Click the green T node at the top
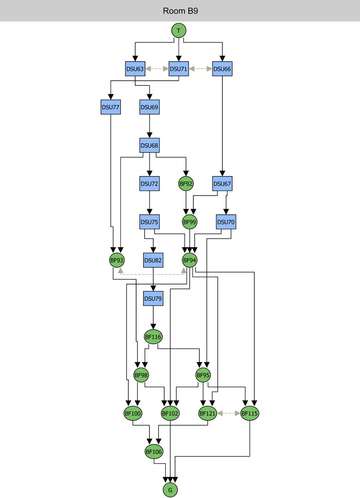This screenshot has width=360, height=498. pos(179,30)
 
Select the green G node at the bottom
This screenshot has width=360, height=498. pos(170,490)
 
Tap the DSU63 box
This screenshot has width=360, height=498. pos(135,69)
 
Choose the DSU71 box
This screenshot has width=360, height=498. pos(179,69)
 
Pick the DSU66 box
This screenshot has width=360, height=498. pos(222,69)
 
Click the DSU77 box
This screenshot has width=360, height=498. pos(110,107)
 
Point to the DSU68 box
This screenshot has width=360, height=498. pos(149,146)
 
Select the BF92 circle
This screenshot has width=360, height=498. pos(186,184)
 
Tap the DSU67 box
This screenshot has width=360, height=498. pos(222,184)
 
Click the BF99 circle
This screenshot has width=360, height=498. pos(190,222)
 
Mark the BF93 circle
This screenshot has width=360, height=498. pos(117,260)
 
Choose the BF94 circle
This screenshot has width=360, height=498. pos(190,260)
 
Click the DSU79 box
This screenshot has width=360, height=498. pos(153,298)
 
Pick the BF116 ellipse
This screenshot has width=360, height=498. pos(153,337)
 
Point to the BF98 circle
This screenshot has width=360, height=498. pos(141,375)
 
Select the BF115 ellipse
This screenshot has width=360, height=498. pos(250,414)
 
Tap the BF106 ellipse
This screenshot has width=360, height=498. pos(154,452)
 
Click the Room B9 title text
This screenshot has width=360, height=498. pos(180,11)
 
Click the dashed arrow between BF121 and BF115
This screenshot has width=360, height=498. pos(228,414)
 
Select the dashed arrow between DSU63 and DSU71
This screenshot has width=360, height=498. pos(157,69)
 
